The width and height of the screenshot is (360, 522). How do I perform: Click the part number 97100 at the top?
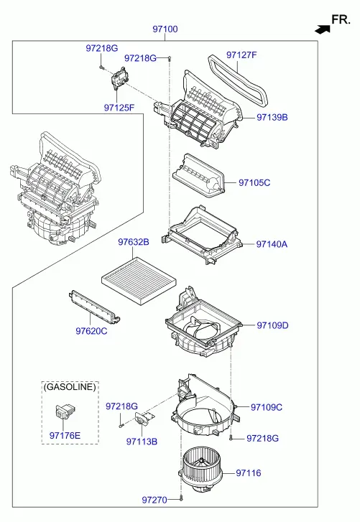(165, 29)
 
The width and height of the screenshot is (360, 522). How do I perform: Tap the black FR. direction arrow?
(323, 29)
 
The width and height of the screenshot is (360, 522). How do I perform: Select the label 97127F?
(241, 55)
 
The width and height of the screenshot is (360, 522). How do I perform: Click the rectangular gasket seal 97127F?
(238, 80)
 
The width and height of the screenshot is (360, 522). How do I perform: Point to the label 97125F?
(119, 108)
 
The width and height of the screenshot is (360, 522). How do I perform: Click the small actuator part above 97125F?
(119, 78)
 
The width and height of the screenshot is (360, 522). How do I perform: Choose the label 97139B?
(272, 117)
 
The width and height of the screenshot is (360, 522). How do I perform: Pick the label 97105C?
(254, 182)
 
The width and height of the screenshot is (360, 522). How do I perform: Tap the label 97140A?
(272, 244)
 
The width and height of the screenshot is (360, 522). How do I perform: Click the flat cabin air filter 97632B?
(139, 281)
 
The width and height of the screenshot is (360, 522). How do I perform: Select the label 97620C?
(91, 331)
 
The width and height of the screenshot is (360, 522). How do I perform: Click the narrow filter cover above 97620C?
(95, 307)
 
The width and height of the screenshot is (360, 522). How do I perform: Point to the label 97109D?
(272, 325)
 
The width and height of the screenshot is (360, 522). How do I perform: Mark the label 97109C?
(267, 407)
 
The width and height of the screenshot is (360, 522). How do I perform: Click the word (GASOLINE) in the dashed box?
(70, 386)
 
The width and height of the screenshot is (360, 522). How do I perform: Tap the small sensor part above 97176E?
(65, 411)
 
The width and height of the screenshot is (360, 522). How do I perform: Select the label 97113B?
(142, 442)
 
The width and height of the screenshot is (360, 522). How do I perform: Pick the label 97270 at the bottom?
(154, 500)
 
